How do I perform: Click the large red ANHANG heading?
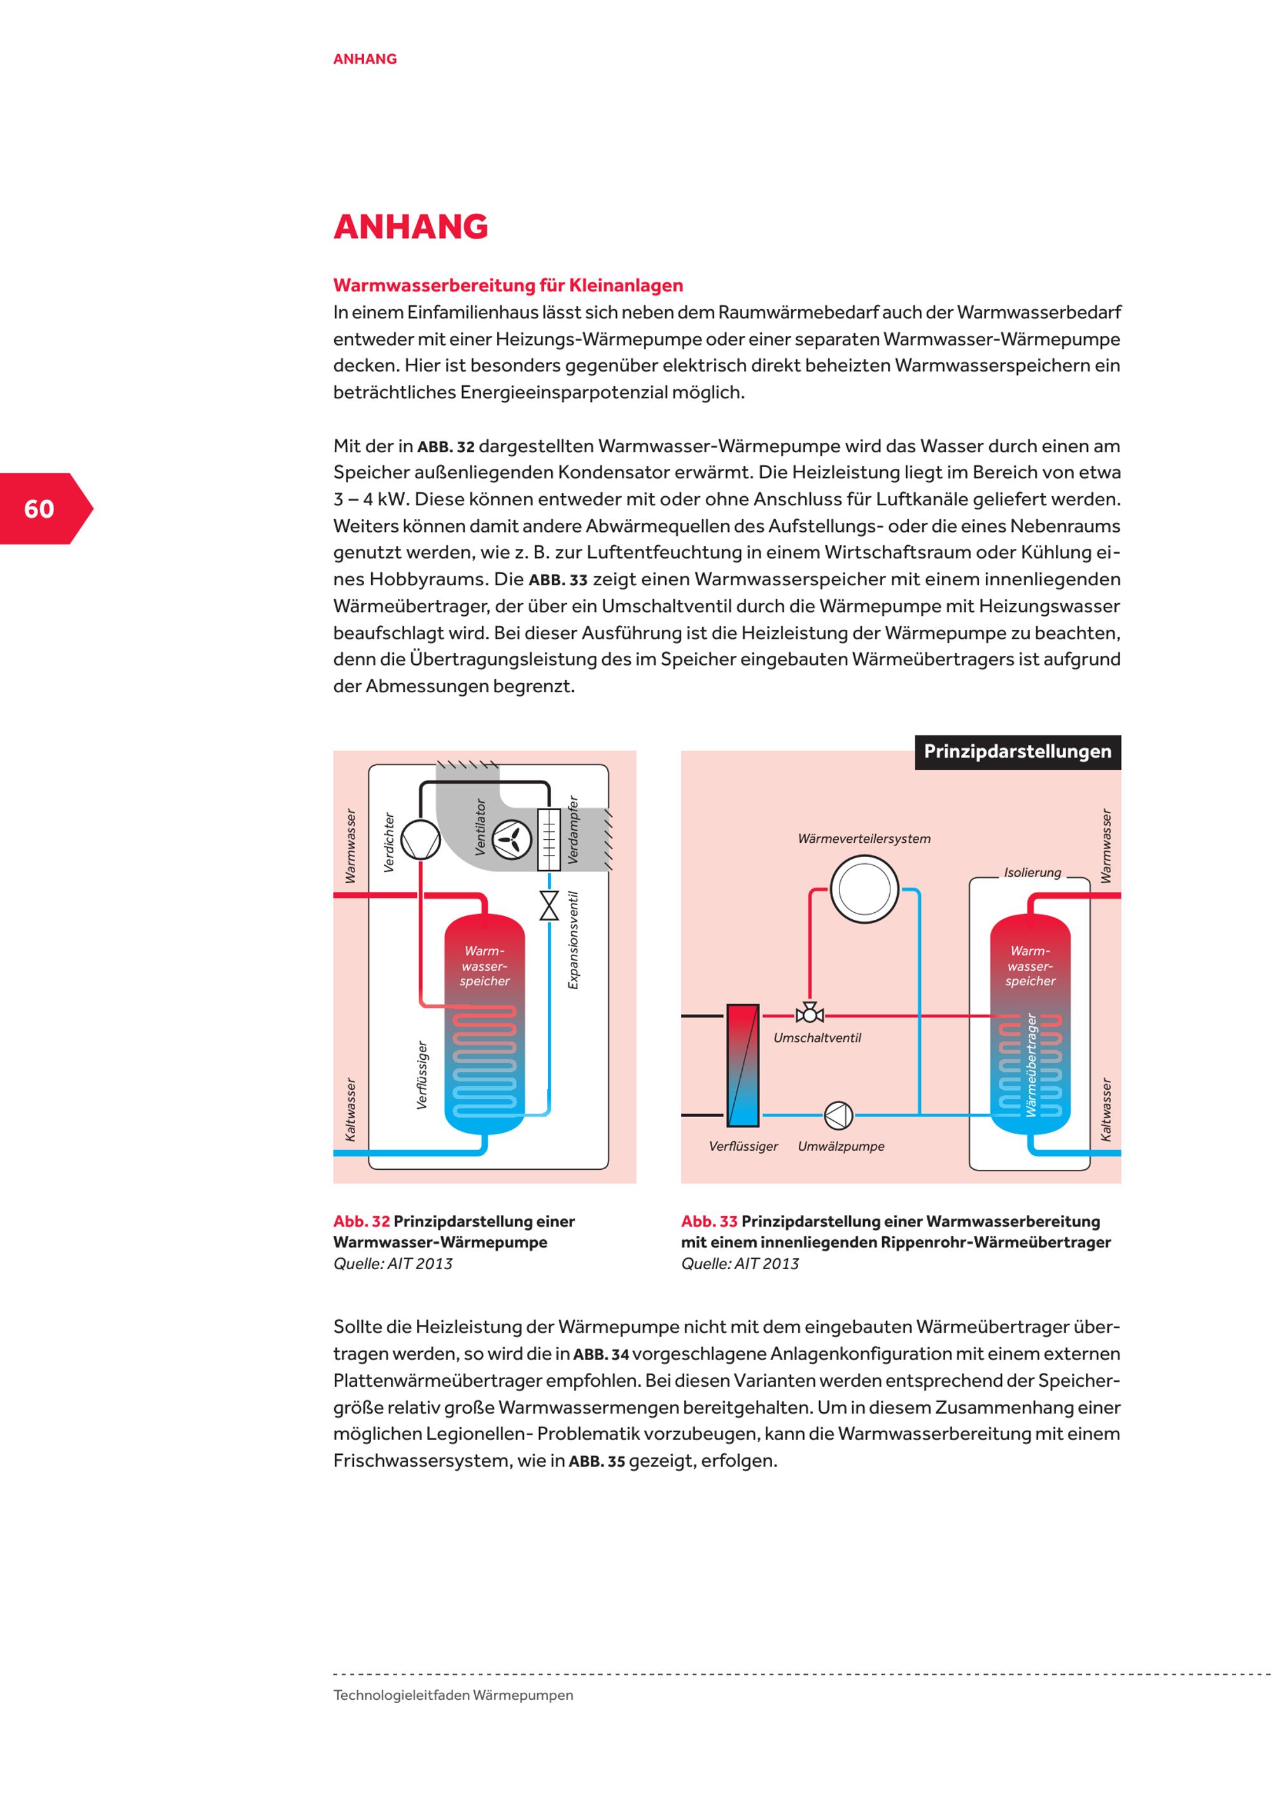coord(410,226)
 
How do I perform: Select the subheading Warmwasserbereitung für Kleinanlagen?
coord(507,285)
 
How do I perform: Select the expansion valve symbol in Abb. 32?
coord(549,905)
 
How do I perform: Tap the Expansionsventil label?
coord(573,940)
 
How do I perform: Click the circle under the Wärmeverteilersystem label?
coord(864,889)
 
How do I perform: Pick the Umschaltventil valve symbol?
coord(809,1015)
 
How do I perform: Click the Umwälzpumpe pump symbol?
coord(838,1115)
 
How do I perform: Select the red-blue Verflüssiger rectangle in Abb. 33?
coord(742,1065)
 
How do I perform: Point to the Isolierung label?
coord(1032,872)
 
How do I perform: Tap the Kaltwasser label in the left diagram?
coord(350,1109)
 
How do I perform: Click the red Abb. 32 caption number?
coord(362,1221)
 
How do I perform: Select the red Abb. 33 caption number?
coord(708,1221)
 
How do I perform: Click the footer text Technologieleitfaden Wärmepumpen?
coord(453,1695)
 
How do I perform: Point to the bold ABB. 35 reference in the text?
coord(596,1461)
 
